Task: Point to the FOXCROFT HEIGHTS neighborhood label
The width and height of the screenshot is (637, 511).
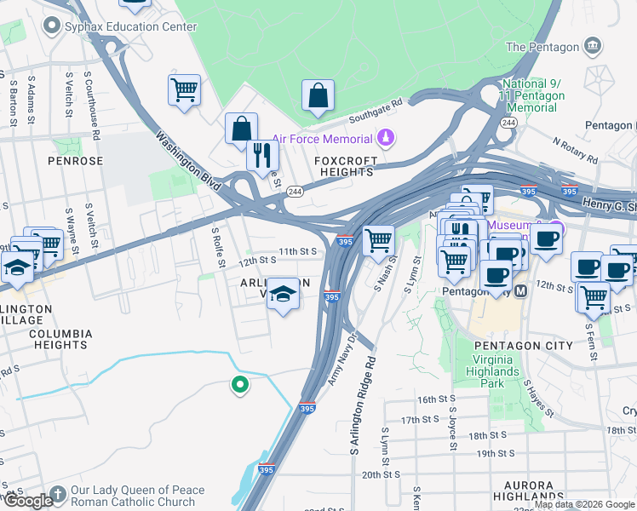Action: coord(343,166)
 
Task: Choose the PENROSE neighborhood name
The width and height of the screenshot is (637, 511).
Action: coord(75,160)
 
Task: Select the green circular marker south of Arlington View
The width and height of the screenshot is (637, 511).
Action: coord(240,385)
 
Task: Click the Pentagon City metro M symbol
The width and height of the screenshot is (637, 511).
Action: coord(521,290)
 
